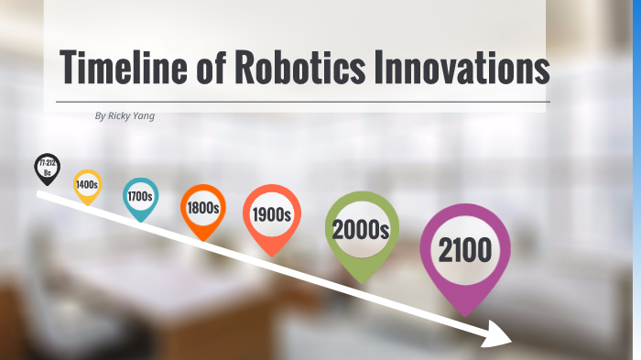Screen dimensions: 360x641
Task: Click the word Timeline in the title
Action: click(125, 68)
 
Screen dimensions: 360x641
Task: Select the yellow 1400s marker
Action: click(87, 184)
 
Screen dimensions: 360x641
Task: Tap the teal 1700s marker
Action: click(140, 196)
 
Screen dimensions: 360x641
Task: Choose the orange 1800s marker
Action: click(202, 208)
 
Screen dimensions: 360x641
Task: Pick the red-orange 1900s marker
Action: click(272, 215)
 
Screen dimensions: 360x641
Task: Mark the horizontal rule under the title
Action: click(302, 102)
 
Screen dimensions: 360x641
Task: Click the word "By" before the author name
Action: click(100, 116)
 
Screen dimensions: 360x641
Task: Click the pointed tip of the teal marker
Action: click(140, 223)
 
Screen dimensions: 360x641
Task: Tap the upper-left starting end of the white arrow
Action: click(38, 194)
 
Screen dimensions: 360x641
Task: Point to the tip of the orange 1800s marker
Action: click(202, 241)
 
